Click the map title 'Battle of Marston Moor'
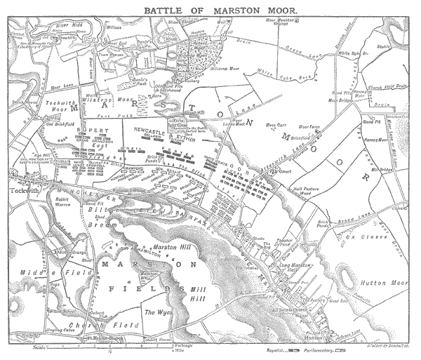(x=210, y=11)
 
